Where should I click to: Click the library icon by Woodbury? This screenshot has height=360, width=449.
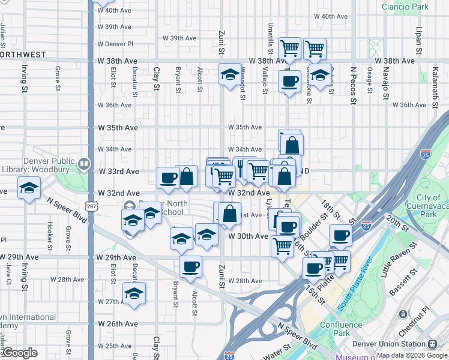[84, 163]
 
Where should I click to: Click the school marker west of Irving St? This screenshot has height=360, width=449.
[28, 188]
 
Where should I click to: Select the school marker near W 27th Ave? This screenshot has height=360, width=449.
[134, 293]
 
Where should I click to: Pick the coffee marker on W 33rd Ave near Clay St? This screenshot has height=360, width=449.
[168, 177]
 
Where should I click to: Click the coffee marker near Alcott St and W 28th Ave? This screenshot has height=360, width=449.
[191, 266]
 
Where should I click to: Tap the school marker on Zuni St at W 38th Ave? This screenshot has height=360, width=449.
[229, 74]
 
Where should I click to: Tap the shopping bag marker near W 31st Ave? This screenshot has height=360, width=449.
[230, 214]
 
